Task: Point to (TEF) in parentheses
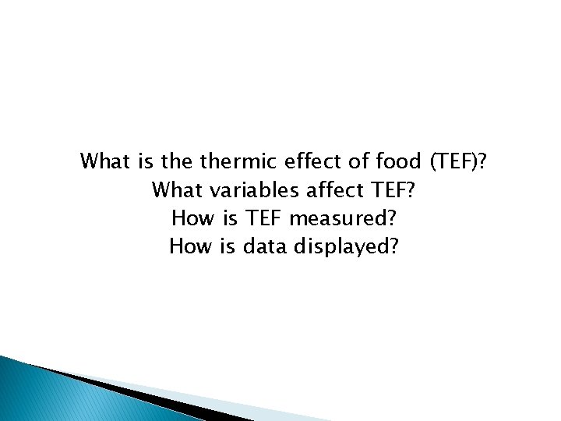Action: point(455,163)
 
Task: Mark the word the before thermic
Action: point(178,162)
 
